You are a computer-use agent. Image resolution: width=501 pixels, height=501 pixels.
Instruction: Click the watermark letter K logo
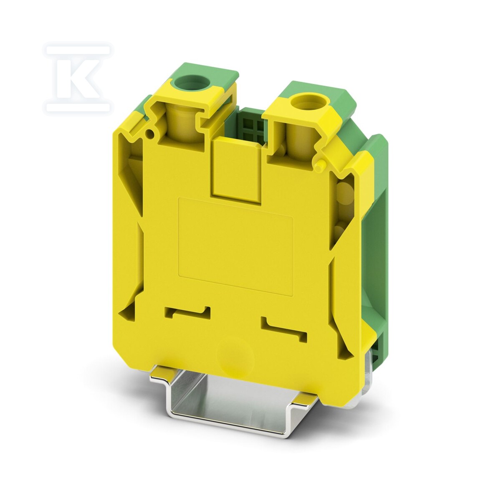pyautogui.click(x=78, y=79)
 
